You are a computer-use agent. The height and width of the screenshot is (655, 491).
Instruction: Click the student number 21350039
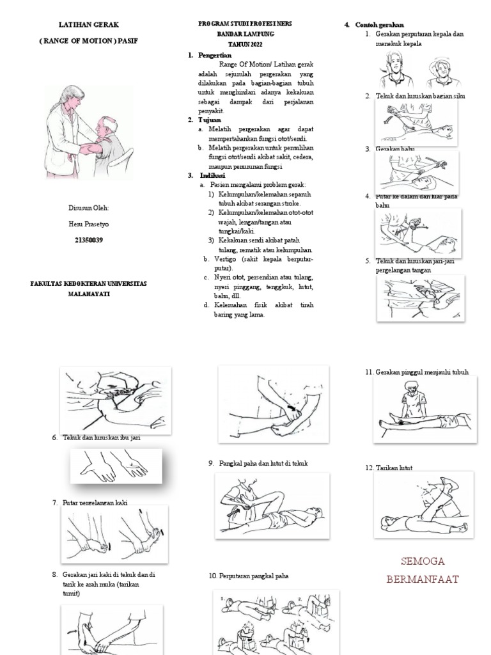[89, 240]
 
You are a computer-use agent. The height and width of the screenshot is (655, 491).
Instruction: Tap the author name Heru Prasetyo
[89, 224]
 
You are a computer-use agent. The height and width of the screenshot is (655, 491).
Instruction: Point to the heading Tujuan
[210, 120]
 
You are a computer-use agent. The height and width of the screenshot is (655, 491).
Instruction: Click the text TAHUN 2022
[245, 45]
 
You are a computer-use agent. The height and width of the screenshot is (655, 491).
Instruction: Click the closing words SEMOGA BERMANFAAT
[421, 571]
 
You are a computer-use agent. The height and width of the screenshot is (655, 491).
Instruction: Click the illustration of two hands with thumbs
[115, 466]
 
